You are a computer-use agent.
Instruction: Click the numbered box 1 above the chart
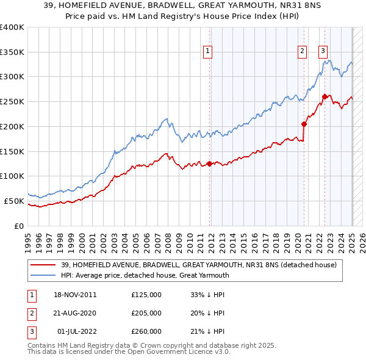[x=209, y=52]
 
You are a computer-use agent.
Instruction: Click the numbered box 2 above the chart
[x=302, y=52]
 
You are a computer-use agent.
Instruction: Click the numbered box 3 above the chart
[x=323, y=52]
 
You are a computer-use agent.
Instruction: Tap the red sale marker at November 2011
[x=209, y=164]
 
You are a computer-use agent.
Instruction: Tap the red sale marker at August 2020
[x=304, y=124]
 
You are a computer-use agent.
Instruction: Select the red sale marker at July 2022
[x=325, y=96]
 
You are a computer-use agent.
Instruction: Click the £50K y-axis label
[x=15, y=201]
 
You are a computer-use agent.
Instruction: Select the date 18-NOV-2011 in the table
[x=75, y=295]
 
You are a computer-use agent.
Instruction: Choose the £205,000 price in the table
[x=146, y=313]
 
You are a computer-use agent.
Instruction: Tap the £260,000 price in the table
[x=146, y=331]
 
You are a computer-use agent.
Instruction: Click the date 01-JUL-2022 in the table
[x=76, y=331]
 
